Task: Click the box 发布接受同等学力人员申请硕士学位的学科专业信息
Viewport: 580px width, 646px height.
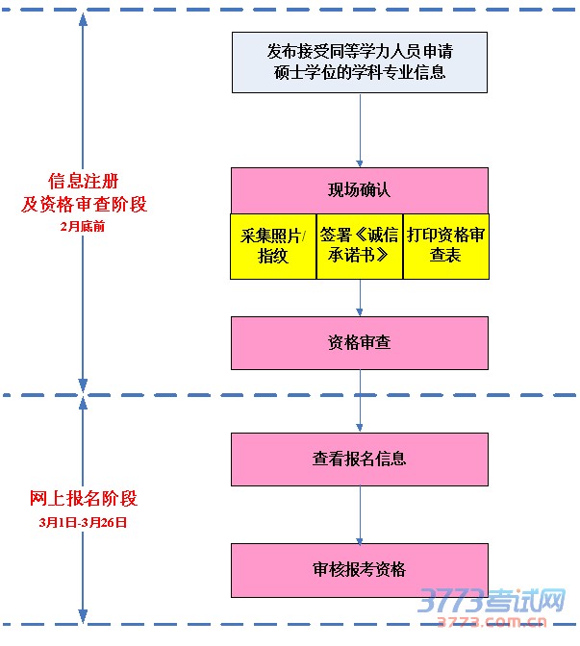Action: (359, 62)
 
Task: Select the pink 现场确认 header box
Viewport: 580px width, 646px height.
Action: (359, 190)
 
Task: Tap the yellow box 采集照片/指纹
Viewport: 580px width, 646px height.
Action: (272, 246)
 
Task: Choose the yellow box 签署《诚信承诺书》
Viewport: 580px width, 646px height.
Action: (359, 246)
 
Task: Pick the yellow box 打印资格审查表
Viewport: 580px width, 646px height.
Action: (445, 246)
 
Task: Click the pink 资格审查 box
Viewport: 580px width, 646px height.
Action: (359, 343)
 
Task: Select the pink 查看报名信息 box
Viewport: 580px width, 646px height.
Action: (359, 460)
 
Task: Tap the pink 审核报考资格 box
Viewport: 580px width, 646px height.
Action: (359, 570)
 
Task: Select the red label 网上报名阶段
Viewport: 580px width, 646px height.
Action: (83, 499)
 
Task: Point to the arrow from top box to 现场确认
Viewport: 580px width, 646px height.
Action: (360, 130)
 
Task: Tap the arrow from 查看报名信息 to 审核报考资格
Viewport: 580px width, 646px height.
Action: (360, 514)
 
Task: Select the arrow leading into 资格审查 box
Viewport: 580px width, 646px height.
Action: (360, 298)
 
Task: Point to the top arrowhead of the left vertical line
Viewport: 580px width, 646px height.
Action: (84, 21)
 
